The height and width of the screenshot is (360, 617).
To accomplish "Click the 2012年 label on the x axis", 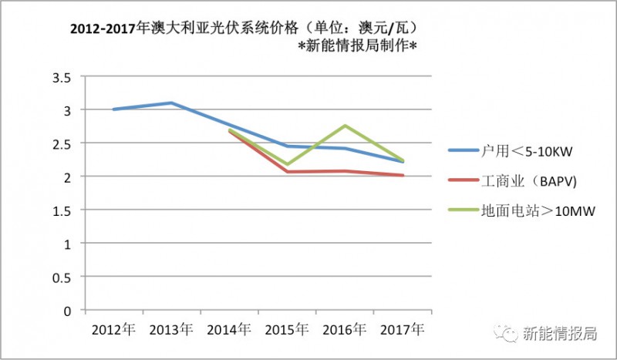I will click(x=113, y=329).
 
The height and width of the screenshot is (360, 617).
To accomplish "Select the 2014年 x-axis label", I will click(x=228, y=329).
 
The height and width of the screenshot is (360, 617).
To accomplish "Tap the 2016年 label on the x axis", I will click(x=344, y=329).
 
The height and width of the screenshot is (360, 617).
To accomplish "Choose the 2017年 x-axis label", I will click(x=402, y=329).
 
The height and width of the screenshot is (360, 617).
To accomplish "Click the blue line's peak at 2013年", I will click(x=170, y=103).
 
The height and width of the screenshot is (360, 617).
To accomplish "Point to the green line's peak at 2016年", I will click(x=344, y=126).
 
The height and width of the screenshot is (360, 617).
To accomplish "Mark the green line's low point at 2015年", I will click(x=286, y=164).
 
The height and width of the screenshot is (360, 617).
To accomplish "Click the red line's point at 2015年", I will click(x=286, y=171).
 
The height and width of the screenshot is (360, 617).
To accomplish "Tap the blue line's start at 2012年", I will click(x=113, y=109).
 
